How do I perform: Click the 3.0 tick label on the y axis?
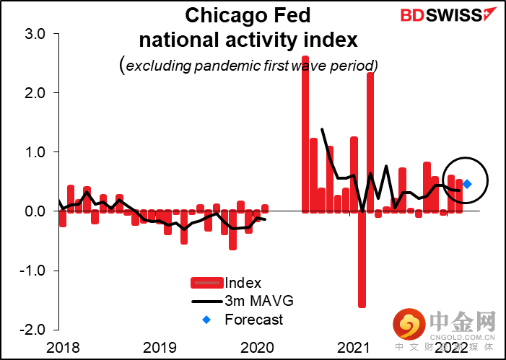click(x=32, y=34)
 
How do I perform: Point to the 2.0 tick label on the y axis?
click(x=32, y=93)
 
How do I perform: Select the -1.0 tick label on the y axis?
click(x=30, y=271)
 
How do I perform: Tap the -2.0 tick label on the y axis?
click(x=30, y=330)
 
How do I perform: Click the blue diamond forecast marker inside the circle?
click(x=467, y=184)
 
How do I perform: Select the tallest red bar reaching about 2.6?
click(x=305, y=133)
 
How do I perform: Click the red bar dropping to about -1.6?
click(x=362, y=259)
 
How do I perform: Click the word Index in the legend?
click(x=243, y=284)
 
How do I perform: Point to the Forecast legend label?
click(x=253, y=320)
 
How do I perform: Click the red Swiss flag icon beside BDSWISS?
click(x=492, y=13)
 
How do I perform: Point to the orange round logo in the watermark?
click(x=408, y=326)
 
